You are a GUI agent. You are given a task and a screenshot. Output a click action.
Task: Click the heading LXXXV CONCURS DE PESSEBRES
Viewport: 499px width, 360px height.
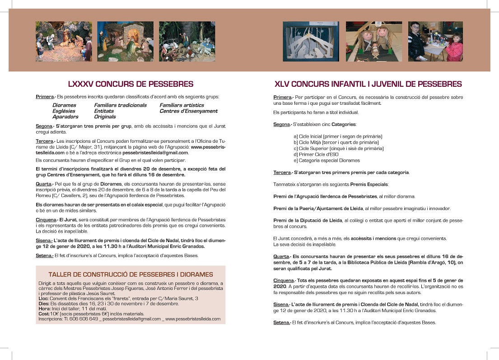(131, 84)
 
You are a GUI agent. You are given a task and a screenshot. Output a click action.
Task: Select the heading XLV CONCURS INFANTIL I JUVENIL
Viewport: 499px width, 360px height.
(368, 84)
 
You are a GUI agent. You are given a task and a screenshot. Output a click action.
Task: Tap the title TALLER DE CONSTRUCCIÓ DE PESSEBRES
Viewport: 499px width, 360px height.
(131, 274)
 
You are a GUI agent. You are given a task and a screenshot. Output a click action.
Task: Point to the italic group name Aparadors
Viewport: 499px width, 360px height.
(65, 117)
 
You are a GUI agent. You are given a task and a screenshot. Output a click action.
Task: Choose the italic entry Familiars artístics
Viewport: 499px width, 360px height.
(182, 105)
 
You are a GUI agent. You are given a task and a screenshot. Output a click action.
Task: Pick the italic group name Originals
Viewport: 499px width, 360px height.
(105, 117)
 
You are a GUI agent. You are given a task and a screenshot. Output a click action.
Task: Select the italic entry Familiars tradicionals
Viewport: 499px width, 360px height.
(120, 105)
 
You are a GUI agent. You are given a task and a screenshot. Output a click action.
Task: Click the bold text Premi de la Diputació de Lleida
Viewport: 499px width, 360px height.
(308, 220)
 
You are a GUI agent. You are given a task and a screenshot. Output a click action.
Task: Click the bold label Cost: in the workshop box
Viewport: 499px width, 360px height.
(44, 313)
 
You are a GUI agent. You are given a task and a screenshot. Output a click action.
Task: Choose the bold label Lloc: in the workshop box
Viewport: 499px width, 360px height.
(44, 299)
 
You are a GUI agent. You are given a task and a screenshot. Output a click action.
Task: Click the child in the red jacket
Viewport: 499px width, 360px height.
(455, 45)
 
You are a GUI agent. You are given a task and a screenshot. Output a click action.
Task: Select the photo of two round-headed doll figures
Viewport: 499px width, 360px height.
(374, 41)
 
